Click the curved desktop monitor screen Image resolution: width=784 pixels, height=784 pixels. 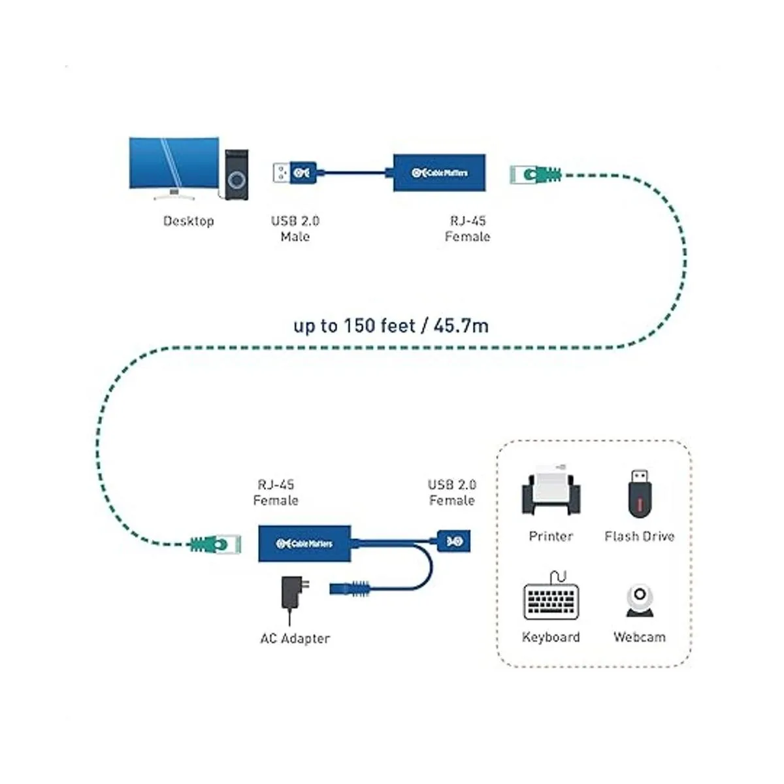173,165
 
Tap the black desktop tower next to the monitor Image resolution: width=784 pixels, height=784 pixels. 237,174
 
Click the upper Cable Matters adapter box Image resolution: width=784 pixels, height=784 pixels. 439,173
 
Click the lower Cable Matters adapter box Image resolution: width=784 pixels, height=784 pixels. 304,543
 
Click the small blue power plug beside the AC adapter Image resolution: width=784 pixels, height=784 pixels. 351,587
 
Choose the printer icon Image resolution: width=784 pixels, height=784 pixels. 551,492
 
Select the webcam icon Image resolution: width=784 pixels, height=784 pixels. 639,600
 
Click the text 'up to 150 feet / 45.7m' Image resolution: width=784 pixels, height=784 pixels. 391,325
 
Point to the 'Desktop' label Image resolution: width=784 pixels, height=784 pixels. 189,221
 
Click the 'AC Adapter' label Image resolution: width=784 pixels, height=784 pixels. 295,638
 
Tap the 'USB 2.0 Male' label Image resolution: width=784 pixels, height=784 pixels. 295,229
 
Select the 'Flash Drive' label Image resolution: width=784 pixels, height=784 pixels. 639,536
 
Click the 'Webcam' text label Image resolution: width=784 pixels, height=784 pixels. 639,637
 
